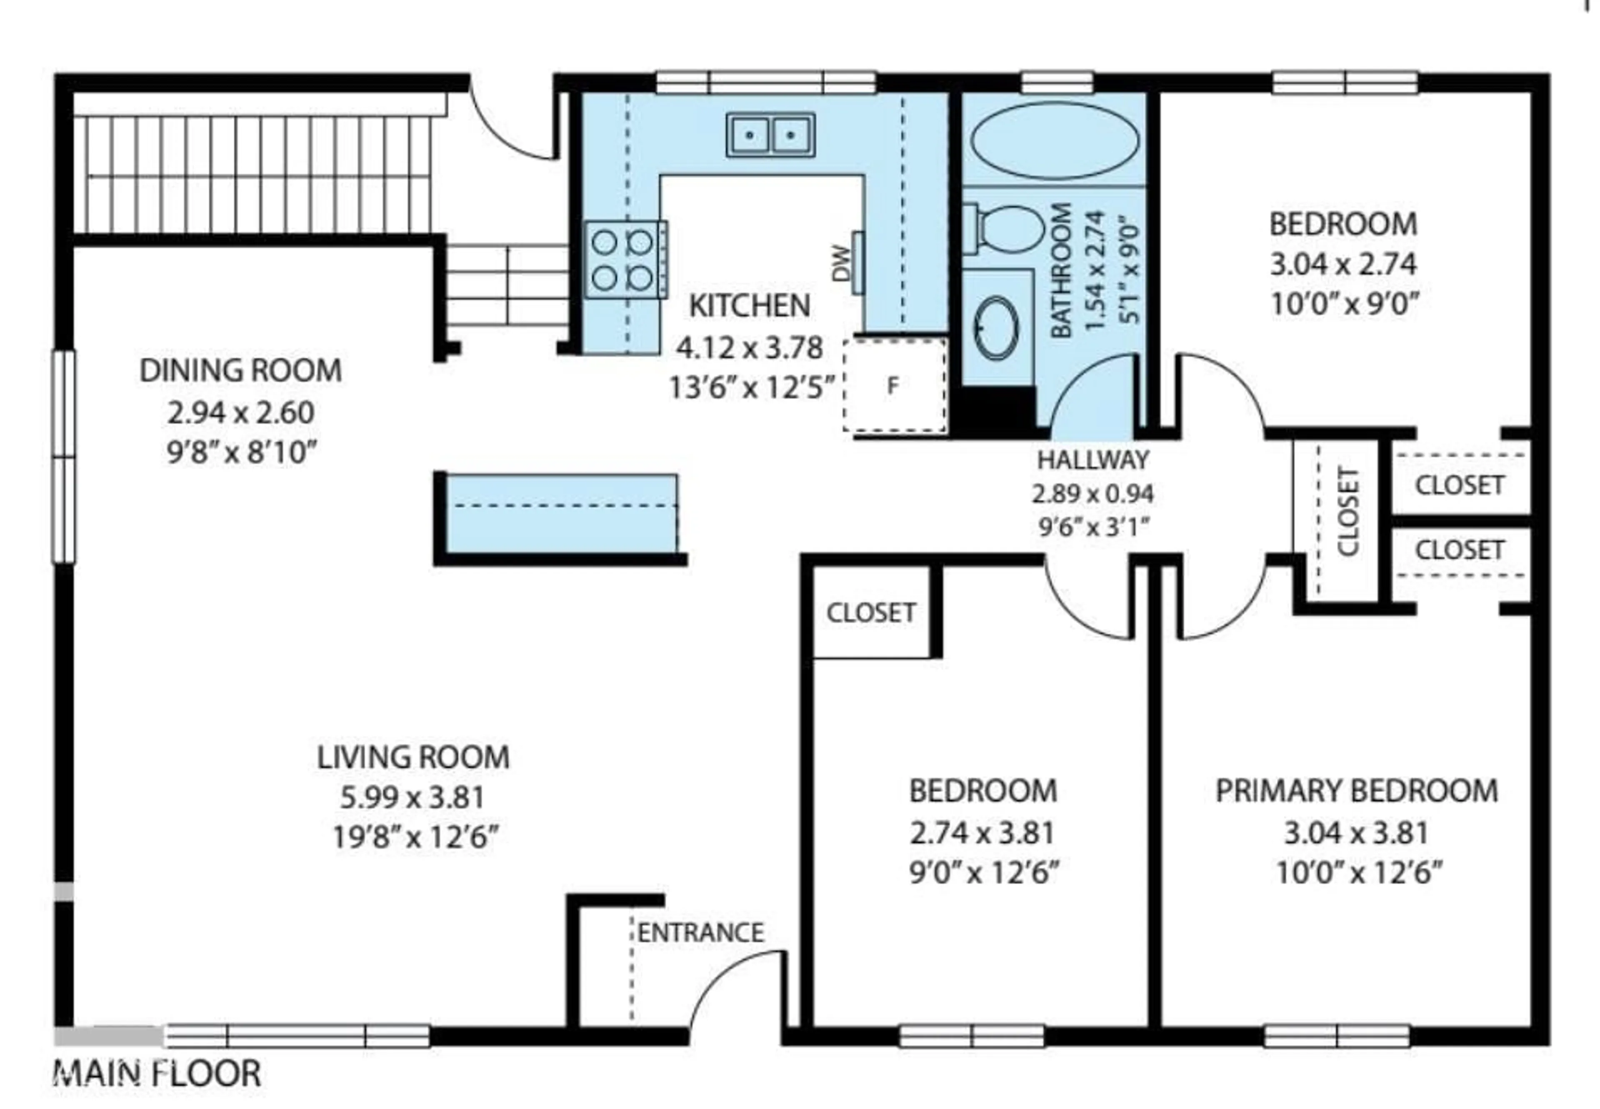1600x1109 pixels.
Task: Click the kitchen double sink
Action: [770, 135]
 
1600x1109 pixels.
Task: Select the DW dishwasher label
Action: [840, 263]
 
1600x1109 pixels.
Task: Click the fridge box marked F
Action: [894, 386]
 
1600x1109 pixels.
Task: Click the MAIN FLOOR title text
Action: [157, 1074]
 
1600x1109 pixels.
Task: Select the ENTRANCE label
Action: [700, 933]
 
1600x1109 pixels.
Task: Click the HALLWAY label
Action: [1092, 460]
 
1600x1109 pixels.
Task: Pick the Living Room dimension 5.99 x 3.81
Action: [412, 798]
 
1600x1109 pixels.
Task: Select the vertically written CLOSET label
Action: [1347, 512]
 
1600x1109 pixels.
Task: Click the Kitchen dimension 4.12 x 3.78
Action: [749, 347]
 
